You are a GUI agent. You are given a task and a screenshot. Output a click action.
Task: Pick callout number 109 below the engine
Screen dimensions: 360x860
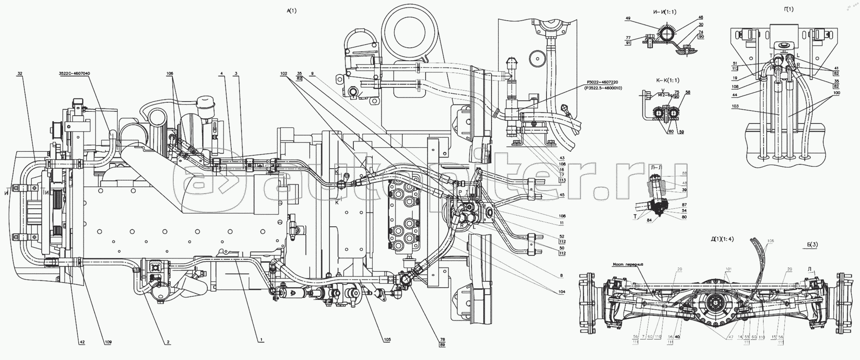(x=107, y=342)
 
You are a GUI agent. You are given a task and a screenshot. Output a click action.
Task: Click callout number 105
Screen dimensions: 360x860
(x=388, y=339)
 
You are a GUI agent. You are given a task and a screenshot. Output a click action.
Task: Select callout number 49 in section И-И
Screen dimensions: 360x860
(x=628, y=18)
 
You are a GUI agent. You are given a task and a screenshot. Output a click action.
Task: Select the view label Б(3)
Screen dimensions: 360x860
(x=812, y=245)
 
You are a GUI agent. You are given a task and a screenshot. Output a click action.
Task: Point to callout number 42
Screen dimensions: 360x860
(x=82, y=342)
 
